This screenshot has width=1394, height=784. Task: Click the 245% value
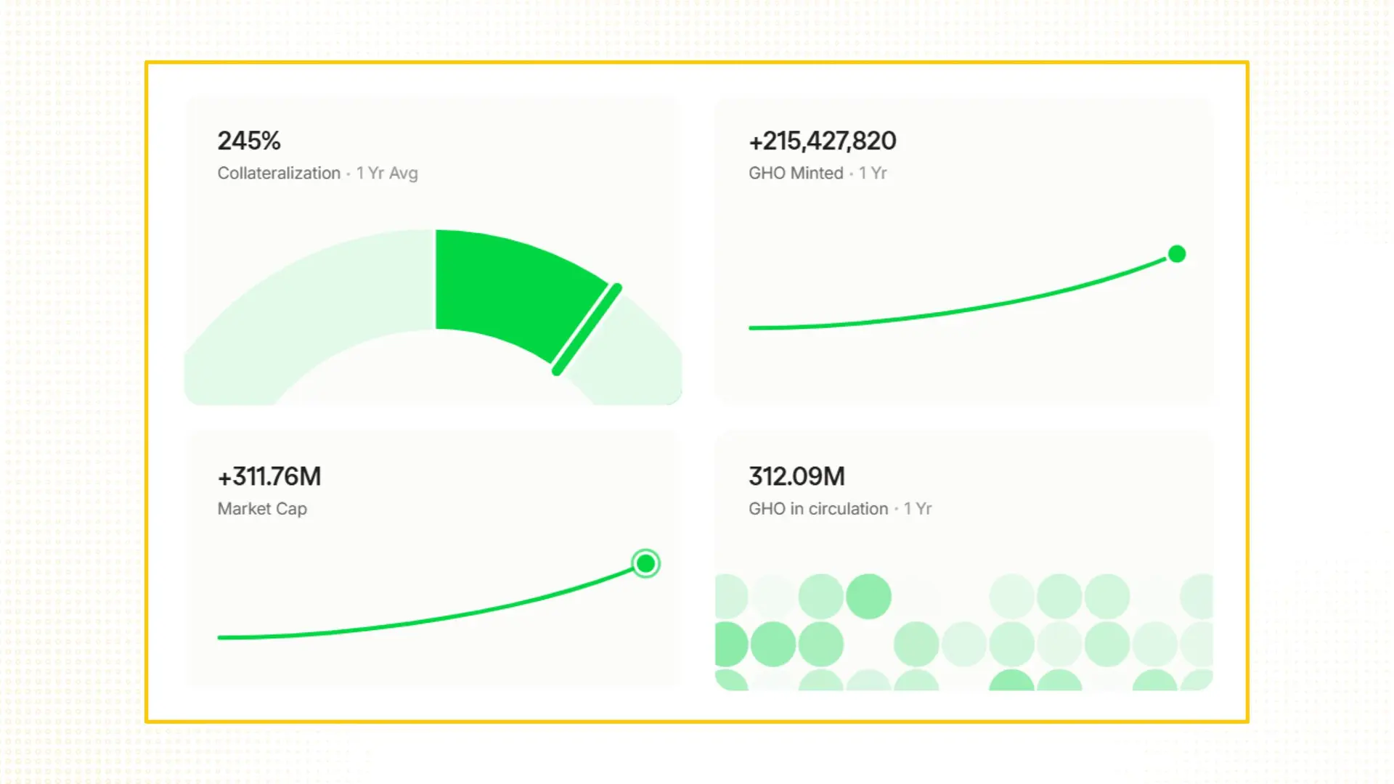pos(249,141)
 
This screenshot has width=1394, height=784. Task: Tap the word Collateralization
pos(279,173)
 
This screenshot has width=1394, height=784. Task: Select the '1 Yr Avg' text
pos(387,173)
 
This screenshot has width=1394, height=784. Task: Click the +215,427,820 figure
pos(823,141)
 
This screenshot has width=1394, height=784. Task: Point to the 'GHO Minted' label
pos(796,173)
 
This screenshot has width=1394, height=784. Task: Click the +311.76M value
pos(269,477)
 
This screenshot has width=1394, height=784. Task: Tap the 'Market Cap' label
pos(262,509)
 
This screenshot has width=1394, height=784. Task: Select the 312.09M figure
pos(796,477)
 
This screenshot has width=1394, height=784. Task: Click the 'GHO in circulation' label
pos(818,509)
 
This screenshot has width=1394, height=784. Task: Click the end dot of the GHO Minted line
pos(1177,254)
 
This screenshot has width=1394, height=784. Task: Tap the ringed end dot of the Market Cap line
pos(645,563)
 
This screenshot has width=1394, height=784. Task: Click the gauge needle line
pos(587,330)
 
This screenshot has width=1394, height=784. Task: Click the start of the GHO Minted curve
pos(752,328)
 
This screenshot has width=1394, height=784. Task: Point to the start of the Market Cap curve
pos(221,637)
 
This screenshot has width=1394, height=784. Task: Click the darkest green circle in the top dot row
pos(868,597)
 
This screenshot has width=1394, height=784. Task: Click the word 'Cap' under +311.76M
pos(291,509)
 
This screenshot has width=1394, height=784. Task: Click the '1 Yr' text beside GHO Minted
pos(873,173)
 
